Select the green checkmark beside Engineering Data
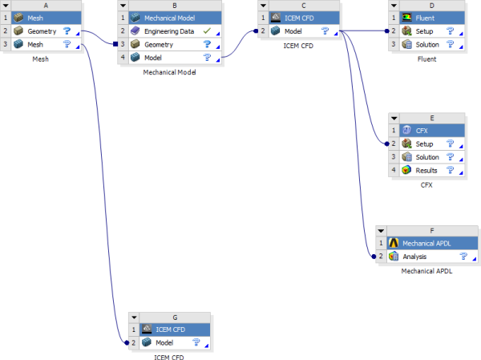click(x=208, y=30)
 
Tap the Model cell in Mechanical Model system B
click(x=156, y=58)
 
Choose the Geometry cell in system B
click(x=160, y=44)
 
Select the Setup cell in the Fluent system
click(x=425, y=30)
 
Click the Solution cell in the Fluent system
click(x=427, y=44)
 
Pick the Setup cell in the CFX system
click(x=425, y=144)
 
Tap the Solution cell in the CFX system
click(x=427, y=157)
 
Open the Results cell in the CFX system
click(x=426, y=171)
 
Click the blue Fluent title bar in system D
click(x=433, y=17)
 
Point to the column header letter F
click(x=431, y=229)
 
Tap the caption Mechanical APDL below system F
click(x=426, y=271)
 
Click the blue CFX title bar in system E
click(x=433, y=130)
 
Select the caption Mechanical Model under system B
click(x=170, y=72)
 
